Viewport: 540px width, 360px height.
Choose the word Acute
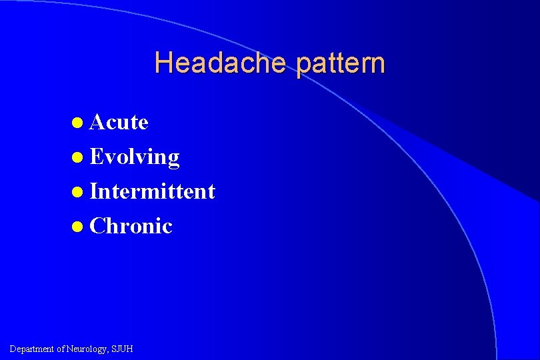(119, 122)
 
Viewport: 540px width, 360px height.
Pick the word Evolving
(134, 157)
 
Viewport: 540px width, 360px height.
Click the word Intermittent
(152, 191)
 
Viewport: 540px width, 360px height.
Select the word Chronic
(131, 226)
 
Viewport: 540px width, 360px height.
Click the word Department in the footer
(33, 349)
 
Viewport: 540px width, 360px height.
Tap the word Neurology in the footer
(87, 349)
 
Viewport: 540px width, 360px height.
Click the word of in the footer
(61, 349)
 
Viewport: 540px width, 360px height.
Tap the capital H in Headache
(162, 63)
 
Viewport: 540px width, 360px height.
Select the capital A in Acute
(97, 122)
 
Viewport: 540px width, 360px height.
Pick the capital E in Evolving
(95, 157)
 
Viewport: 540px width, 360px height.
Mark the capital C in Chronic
(97, 226)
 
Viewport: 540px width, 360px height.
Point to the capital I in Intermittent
(93, 191)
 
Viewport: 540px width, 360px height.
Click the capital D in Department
(13, 349)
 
